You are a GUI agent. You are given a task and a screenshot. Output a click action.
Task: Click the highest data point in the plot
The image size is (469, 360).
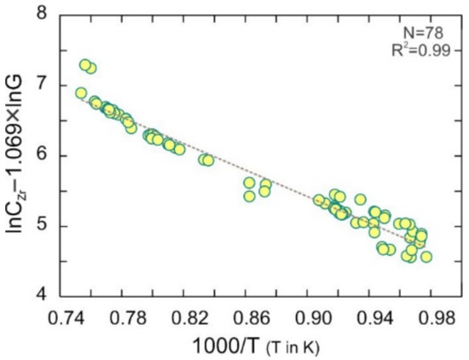click(85, 65)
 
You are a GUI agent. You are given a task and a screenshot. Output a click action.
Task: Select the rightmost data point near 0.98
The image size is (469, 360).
click(426, 256)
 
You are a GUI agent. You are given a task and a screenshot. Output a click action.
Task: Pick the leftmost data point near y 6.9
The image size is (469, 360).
click(81, 93)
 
